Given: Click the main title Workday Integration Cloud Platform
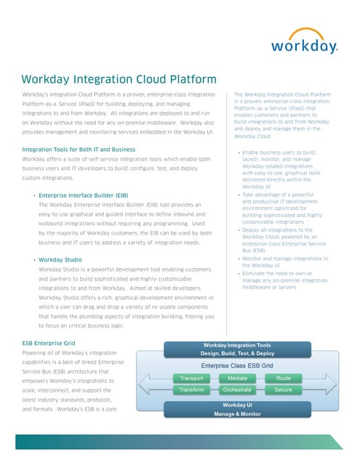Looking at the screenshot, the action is click(x=119, y=79).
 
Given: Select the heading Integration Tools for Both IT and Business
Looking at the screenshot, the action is click(x=79, y=149).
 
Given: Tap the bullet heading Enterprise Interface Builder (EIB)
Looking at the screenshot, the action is click(x=83, y=195).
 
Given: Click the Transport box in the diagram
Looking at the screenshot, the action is click(x=192, y=379).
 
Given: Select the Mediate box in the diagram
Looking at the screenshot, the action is click(x=237, y=379).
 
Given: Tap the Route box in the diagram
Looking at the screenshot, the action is click(x=283, y=379).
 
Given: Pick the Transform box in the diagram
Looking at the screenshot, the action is click(x=192, y=390).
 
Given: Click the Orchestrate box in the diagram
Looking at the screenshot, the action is click(x=237, y=390).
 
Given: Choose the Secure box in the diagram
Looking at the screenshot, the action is click(x=283, y=390).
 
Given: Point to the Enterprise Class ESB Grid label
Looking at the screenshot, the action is click(x=237, y=365).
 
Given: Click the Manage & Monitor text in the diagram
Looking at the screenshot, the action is click(x=237, y=413).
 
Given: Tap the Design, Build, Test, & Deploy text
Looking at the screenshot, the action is click(x=237, y=353).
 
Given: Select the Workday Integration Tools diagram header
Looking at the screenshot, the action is click(x=237, y=345).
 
